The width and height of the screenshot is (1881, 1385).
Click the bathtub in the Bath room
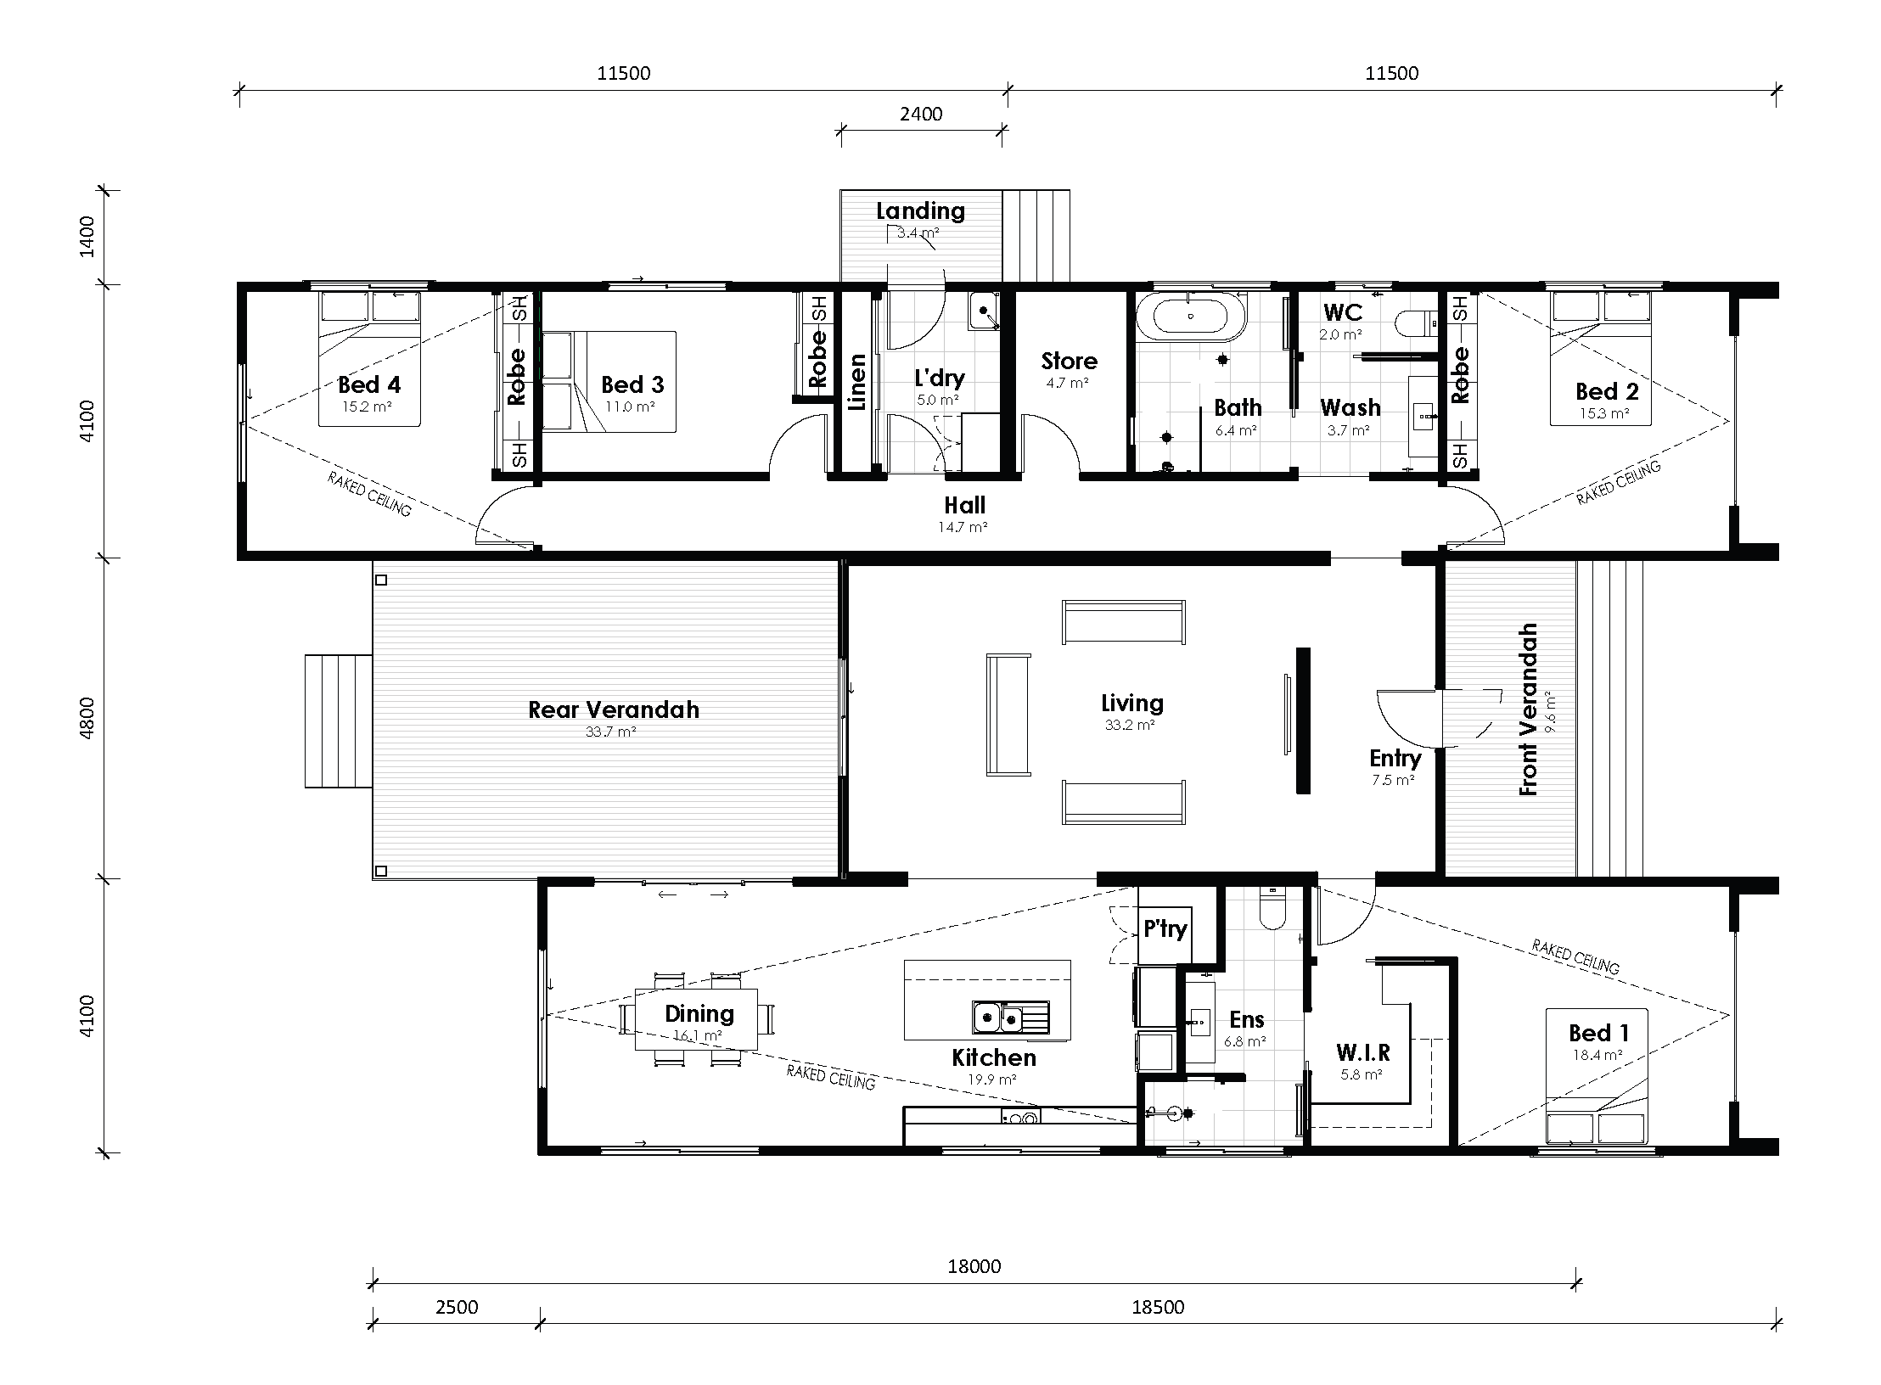[1191, 316]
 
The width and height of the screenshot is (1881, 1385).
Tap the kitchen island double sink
[1000, 1017]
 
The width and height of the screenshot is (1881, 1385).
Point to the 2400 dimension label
[921, 114]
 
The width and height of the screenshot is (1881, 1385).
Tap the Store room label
[1070, 362]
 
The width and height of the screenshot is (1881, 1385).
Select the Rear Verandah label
[614, 709]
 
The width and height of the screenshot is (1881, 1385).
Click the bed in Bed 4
[370, 358]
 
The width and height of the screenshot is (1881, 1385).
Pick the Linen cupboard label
[857, 383]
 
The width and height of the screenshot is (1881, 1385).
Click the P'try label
[1165, 928]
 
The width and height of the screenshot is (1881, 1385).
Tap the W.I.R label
[1362, 1053]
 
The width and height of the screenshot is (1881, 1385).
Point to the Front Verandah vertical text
[1529, 709]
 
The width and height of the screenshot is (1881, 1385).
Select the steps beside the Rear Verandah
[338, 721]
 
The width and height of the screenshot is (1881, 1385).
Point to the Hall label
[965, 506]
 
